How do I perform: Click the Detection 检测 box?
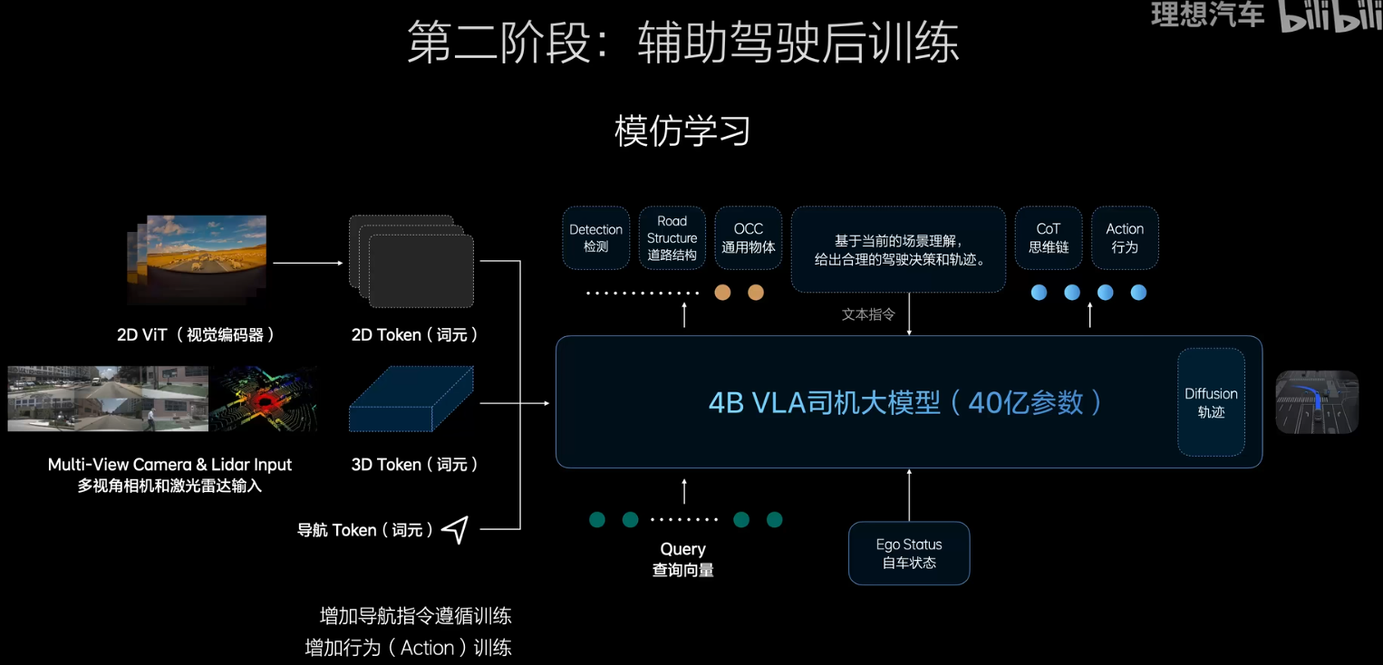pyautogui.click(x=595, y=238)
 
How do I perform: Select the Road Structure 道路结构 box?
pyautogui.click(x=672, y=238)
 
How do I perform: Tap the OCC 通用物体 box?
pyautogui.click(x=748, y=238)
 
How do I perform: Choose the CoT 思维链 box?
pyautogui.click(x=1048, y=238)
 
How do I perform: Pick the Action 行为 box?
pyautogui.click(x=1124, y=238)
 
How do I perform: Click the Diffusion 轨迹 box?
pyautogui.click(x=1211, y=402)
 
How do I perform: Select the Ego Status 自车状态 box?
pyautogui.click(x=908, y=554)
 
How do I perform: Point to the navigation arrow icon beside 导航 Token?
pyautogui.click(x=455, y=530)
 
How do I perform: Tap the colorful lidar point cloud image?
pyautogui.click(x=264, y=399)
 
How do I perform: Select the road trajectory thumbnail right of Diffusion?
pyautogui.click(x=1317, y=401)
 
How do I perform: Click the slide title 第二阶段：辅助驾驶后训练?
pyautogui.click(x=682, y=43)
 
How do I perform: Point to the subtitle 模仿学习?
pyautogui.click(x=682, y=130)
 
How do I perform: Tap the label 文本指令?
pyautogui.click(x=867, y=314)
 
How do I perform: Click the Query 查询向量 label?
pyautogui.click(x=682, y=559)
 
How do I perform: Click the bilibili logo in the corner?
pyautogui.click(x=1330, y=16)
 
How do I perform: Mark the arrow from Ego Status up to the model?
pyautogui.click(x=909, y=495)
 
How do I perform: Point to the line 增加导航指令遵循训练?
pyautogui.click(x=415, y=616)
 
